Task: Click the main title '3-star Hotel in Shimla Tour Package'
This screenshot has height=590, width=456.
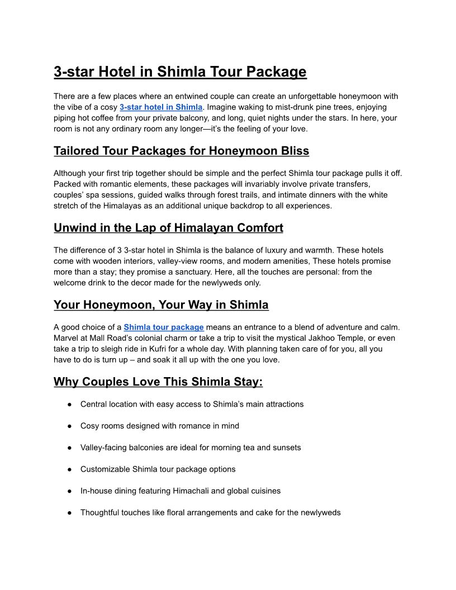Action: [180, 72]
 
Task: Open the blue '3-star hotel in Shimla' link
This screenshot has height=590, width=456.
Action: [161, 107]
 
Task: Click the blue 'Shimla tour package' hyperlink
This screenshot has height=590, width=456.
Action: [164, 327]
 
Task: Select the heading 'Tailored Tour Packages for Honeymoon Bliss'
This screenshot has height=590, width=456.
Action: [181, 151]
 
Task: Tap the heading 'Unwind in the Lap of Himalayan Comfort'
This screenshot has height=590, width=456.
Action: [168, 228]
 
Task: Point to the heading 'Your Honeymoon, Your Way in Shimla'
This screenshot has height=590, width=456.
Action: [161, 305]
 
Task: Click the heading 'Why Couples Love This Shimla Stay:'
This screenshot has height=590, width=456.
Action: [158, 382]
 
